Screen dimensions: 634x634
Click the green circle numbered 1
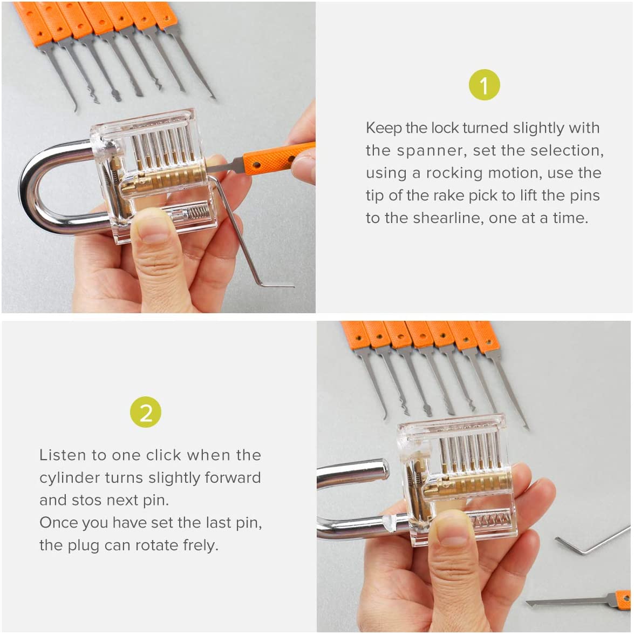click(484, 85)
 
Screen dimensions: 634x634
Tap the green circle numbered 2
click(146, 412)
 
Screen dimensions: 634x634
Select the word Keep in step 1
click(383, 129)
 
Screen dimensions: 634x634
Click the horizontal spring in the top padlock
click(197, 212)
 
